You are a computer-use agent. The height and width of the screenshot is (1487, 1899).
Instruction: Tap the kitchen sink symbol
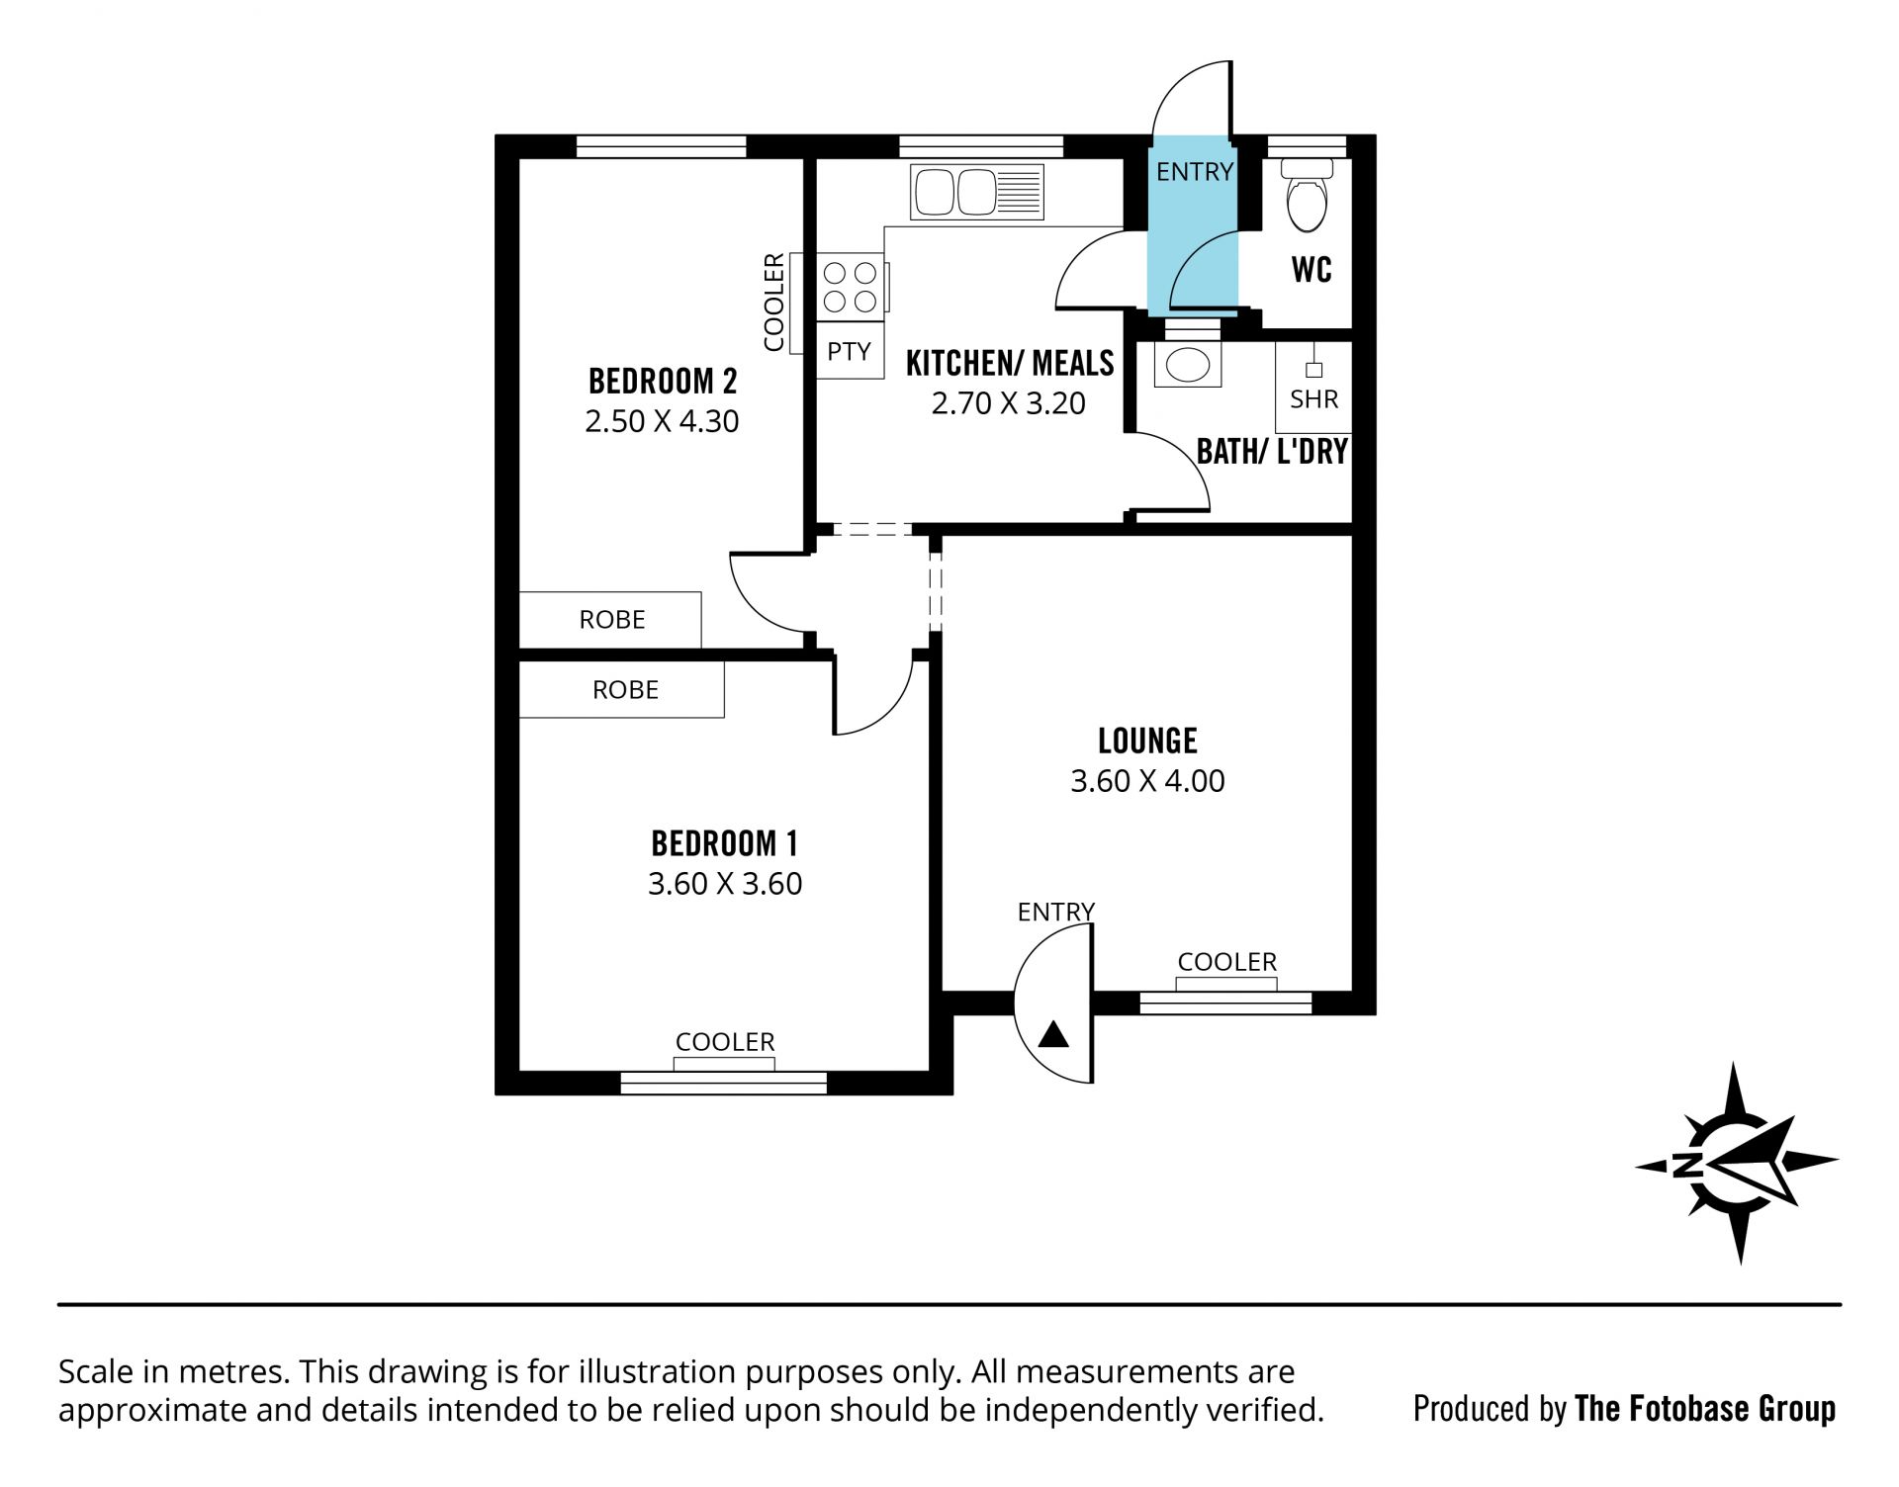[977, 192]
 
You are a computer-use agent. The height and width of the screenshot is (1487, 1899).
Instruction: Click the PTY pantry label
[849, 351]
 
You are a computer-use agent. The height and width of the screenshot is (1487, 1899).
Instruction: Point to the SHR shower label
[1313, 398]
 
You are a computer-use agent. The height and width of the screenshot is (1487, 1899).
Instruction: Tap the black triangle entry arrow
[1054, 1034]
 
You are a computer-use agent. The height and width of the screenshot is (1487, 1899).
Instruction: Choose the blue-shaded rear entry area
[1192, 225]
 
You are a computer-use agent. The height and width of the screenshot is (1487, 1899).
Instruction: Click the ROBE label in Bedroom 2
[612, 620]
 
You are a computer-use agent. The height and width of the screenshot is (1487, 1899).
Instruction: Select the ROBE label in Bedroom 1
[625, 690]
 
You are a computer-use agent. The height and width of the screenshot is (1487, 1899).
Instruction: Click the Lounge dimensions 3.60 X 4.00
[1147, 781]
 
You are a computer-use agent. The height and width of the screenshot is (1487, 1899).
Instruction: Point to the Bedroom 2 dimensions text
[662, 421]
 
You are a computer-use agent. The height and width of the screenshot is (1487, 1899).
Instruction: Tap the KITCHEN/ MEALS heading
[1010, 364]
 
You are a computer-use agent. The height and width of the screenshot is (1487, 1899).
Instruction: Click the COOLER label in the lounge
[1226, 962]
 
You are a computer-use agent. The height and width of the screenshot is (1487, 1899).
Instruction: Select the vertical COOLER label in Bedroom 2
[773, 302]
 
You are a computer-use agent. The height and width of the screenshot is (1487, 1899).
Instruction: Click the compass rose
[1737, 1163]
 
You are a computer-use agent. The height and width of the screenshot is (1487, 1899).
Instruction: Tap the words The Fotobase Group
[1705, 1408]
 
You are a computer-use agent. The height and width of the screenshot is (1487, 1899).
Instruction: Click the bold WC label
[1311, 269]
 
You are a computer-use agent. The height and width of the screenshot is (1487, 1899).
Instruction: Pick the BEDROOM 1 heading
[724, 843]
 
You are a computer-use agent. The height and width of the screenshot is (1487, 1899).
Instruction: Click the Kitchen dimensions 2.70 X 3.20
[1009, 403]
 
